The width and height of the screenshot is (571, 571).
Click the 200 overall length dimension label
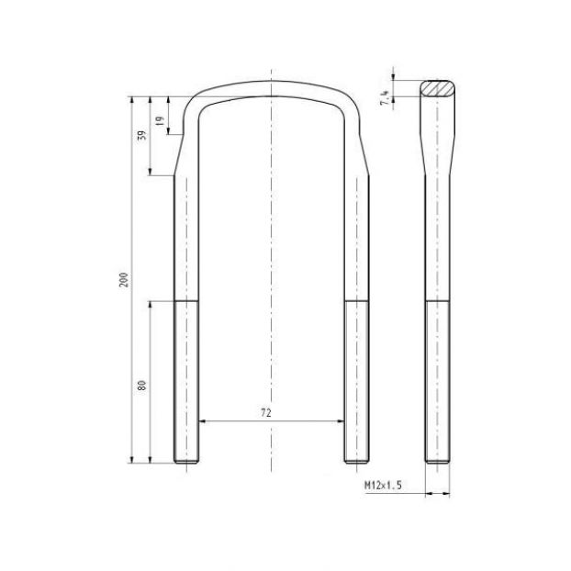click(x=124, y=280)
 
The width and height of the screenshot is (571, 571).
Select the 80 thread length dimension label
click(x=141, y=386)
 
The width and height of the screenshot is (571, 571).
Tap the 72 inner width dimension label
click(x=266, y=412)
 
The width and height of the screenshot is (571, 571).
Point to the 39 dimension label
click(x=143, y=135)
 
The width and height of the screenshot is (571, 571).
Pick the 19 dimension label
click(x=160, y=121)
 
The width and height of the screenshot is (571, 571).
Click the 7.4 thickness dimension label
click(x=385, y=97)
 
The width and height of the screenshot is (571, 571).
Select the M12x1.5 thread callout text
click(x=384, y=485)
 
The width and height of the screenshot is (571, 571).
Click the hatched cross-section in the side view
click(x=437, y=88)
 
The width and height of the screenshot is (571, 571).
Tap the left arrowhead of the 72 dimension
click(x=203, y=421)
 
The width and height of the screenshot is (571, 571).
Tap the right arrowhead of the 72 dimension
click(x=341, y=421)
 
